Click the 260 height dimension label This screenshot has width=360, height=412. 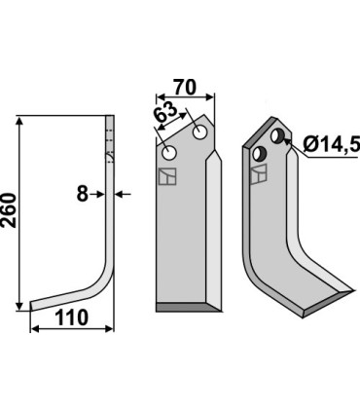pyautogui.click(x=9, y=210)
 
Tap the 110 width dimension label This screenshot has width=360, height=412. pyautogui.click(x=72, y=318)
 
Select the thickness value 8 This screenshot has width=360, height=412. pyautogui.click(x=82, y=194)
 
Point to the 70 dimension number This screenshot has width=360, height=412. pyautogui.click(x=185, y=88)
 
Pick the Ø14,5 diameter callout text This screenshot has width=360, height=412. pyautogui.click(x=332, y=144)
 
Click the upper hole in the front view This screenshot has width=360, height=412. pyautogui.click(x=199, y=132)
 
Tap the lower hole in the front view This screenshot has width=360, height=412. pyautogui.click(x=169, y=153)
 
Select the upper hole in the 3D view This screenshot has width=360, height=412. pyautogui.click(x=277, y=135)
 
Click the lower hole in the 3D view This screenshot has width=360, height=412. pyautogui.click(x=260, y=154)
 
